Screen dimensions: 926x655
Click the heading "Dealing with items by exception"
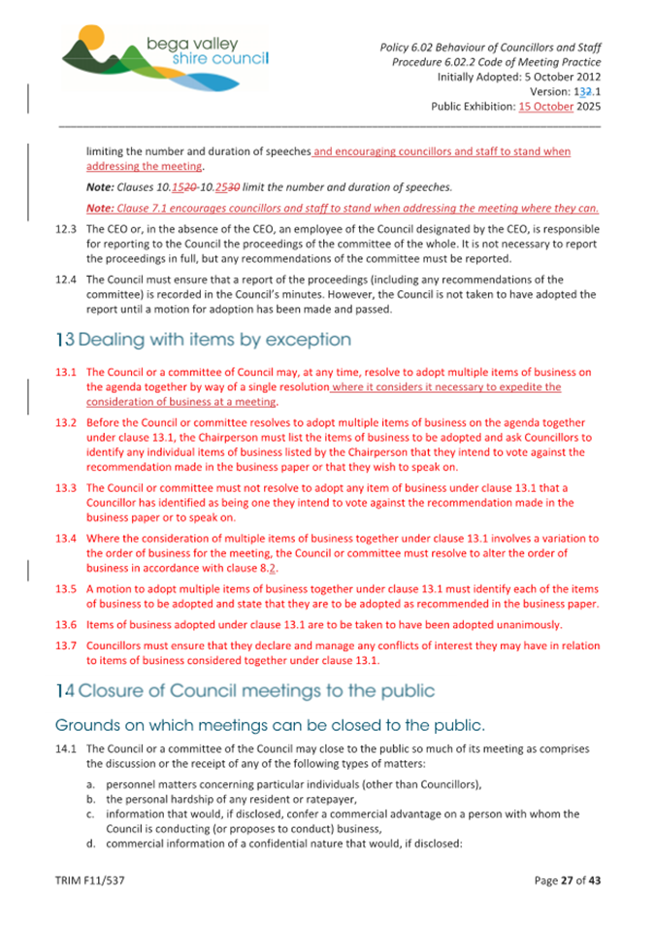[x=203, y=341]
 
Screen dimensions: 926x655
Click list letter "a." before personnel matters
[x=92, y=784]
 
